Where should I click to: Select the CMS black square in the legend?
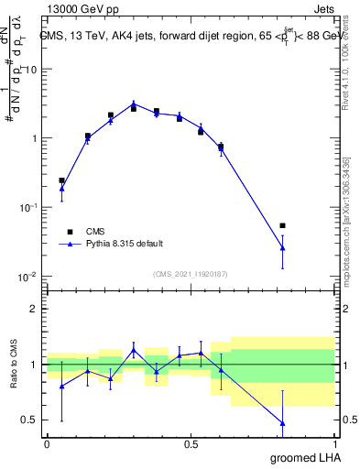70,232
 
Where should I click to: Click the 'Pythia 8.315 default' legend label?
124,244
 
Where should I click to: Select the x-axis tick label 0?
47,443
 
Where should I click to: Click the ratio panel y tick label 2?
33,309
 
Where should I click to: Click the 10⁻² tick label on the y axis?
27,277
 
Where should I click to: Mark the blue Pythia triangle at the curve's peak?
134,104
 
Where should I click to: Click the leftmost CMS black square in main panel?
61,180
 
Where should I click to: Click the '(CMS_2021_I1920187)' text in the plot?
190,273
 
